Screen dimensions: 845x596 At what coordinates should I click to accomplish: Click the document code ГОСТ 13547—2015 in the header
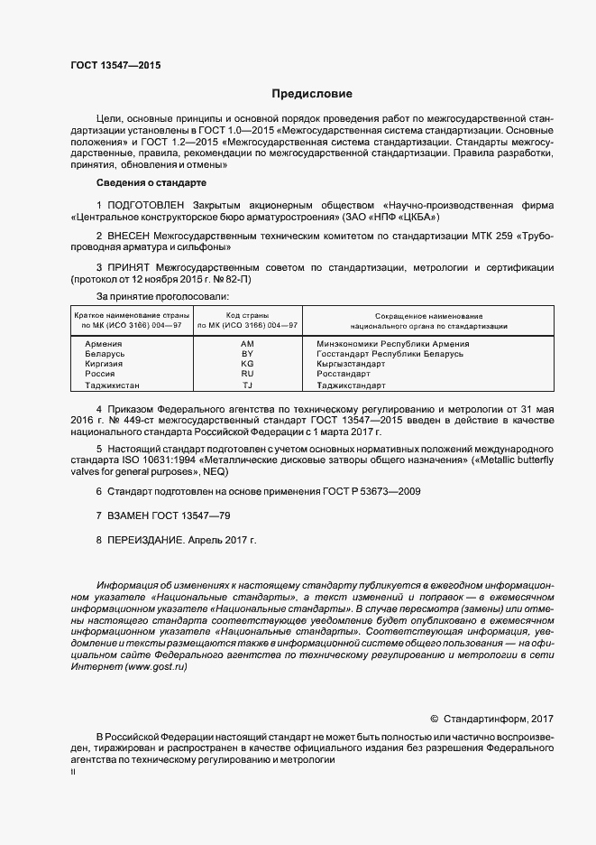click(115, 66)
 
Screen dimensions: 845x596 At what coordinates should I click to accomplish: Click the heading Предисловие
click(312, 94)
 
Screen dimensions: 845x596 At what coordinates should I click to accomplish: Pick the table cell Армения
click(104, 344)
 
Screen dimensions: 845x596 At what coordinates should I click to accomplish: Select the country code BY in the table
click(247, 354)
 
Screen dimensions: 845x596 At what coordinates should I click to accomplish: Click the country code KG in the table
click(247, 364)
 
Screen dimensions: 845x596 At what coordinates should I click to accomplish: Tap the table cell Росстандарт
click(344, 374)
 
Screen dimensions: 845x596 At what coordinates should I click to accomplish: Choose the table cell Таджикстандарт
click(351, 385)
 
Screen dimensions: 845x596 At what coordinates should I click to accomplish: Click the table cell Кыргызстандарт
click(351, 364)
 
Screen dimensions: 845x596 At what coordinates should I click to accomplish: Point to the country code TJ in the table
click(247, 385)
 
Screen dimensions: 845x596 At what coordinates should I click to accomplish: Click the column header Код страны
click(247, 316)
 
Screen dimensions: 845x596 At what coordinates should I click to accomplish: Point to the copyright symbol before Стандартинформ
click(434, 719)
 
